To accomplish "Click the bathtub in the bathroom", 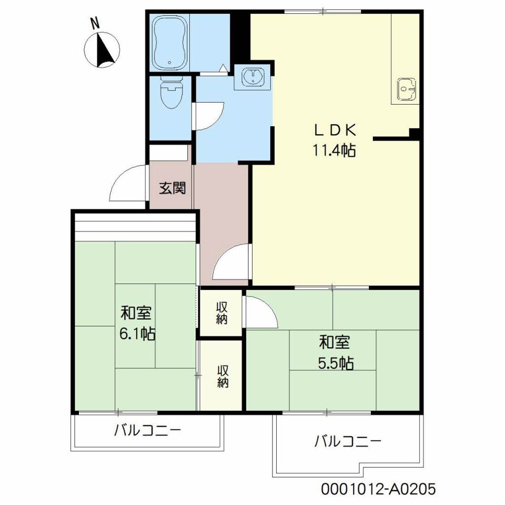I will (169, 42).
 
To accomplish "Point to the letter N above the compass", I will (95, 23).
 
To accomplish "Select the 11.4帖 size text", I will (335, 151).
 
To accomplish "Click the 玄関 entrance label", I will (173, 188).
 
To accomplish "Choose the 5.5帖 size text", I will (335, 363).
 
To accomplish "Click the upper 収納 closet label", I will (221, 312).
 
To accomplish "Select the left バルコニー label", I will (148, 431).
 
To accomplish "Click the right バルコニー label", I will (347, 441).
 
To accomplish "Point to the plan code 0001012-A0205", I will (378, 489).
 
